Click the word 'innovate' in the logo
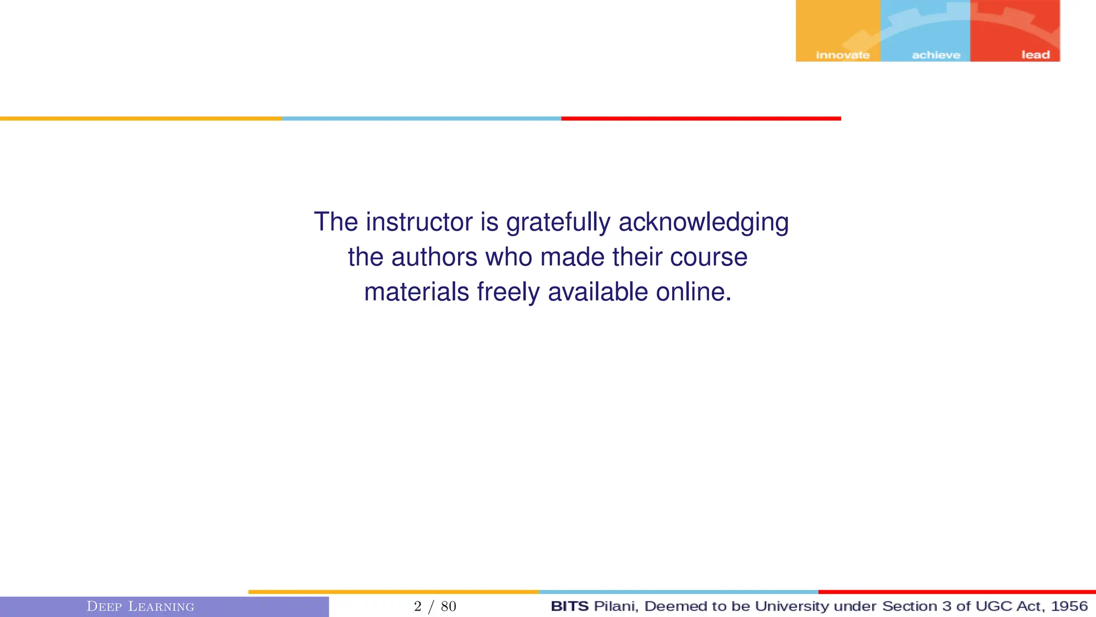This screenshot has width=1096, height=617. [x=842, y=55]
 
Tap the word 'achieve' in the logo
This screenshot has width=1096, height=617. [x=936, y=55]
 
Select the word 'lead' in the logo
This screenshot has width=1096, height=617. [x=1036, y=55]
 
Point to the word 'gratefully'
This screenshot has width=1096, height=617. [x=558, y=223]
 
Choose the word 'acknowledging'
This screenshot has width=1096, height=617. [x=703, y=223]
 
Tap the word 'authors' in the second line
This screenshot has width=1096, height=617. [x=434, y=257]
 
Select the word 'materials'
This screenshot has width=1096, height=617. [x=416, y=292]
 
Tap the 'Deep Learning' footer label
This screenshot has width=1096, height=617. [x=140, y=606]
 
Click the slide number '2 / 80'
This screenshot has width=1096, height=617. [x=435, y=606]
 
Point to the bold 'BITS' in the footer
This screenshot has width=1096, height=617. [x=569, y=606]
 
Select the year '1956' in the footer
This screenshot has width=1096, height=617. [x=1069, y=606]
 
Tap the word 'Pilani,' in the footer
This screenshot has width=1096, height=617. [x=616, y=606]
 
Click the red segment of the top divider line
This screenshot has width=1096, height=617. [x=701, y=118]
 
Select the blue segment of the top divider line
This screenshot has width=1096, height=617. [x=421, y=118]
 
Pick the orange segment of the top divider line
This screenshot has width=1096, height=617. [x=141, y=118]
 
